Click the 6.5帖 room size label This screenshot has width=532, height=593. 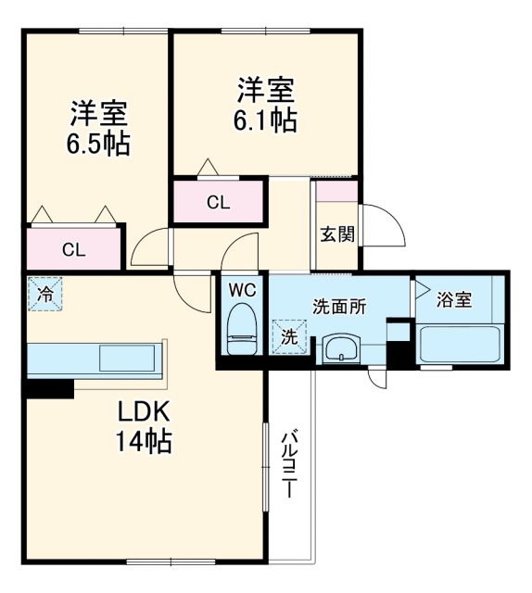pos(96,145)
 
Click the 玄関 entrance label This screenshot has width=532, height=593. pos(337,233)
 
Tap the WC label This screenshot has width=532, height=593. pos(242,289)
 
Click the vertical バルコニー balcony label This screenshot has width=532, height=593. pos(289,463)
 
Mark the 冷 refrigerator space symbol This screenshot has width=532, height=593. pos(44,295)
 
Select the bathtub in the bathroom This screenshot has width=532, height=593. pos(461,344)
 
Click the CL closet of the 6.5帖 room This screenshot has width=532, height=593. pos(73,247)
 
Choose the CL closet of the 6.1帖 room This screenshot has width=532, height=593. pos(219,203)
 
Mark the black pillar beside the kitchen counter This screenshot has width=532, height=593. pos(48,390)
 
